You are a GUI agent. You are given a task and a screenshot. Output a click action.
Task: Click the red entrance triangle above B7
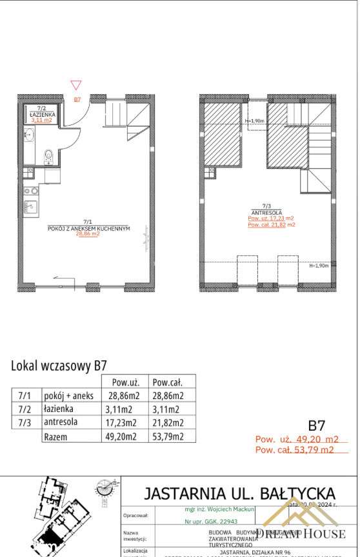(x=76, y=84)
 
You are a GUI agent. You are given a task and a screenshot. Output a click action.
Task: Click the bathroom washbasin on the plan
(x=29, y=135)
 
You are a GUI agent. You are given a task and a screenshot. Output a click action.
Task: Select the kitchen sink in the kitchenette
(x=30, y=207)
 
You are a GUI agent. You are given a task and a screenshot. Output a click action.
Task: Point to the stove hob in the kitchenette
(x=30, y=191)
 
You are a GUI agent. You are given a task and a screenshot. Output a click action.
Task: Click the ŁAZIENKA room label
(x=43, y=113)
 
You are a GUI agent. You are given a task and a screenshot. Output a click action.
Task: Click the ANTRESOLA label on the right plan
(x=266, y=211)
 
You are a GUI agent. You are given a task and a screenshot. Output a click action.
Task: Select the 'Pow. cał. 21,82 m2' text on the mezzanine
(x=271, y=224)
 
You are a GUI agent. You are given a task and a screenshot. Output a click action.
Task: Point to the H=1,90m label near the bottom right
(x=319, y=266)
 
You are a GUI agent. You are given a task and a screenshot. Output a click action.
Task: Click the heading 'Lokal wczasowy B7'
(x=59, y=365)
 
